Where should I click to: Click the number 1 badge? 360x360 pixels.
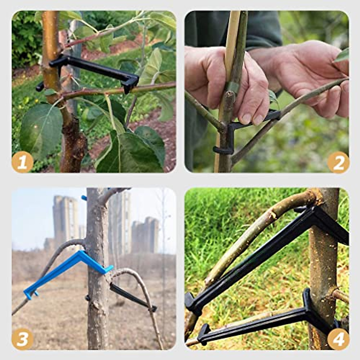(22, 162)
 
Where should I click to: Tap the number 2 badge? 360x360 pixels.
(338, 162)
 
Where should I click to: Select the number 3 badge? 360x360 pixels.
(22, 339)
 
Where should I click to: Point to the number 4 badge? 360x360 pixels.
(338, 339)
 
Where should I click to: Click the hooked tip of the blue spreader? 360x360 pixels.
(30, 294)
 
